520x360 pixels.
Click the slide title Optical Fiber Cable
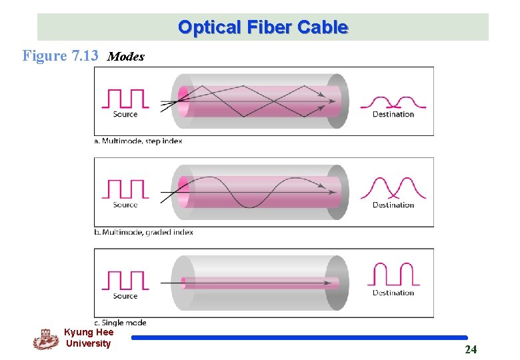tap(263, 27)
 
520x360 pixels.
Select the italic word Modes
tap(125, 57)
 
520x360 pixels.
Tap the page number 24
tap(471, 350)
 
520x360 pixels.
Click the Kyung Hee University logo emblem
tap(45, 339)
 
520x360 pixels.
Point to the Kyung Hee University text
tap(89, 338)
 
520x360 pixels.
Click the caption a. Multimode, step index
tap(138, 141)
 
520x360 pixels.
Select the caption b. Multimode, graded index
tap(143, 233)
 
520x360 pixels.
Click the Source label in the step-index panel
tap(125, 115)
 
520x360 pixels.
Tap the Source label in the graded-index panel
tap(125, 205)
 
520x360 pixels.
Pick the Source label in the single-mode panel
tap(125, 296)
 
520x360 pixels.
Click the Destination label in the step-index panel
tap(393, 115)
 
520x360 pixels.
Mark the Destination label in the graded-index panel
tap(393, 205)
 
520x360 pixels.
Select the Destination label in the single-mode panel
tap(393, 293)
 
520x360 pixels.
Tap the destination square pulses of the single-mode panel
tap(393, 275)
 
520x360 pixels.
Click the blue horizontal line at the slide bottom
tap(299, 338)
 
